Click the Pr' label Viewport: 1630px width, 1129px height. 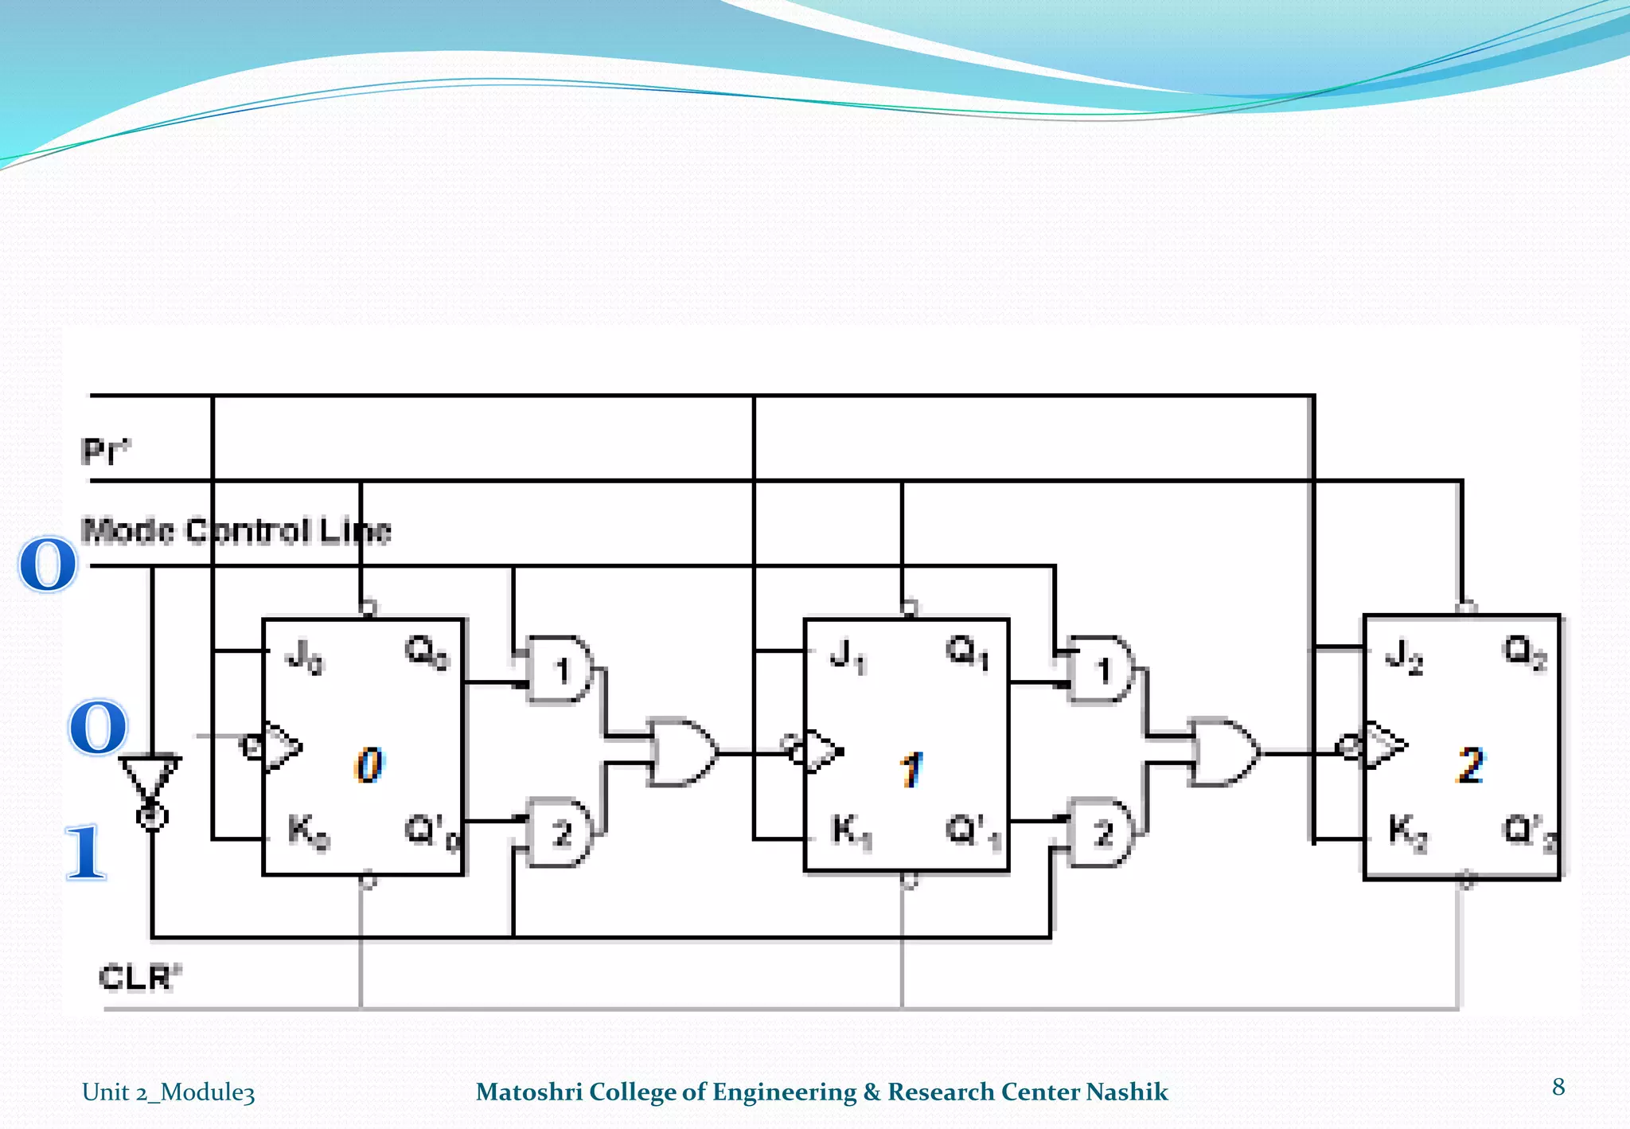coord(105,451)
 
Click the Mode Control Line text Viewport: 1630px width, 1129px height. coord(236,531)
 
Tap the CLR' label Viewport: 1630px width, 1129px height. coord(139,977)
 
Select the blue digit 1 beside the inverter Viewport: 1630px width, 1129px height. coord(86,852)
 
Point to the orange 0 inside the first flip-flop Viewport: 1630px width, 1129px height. coord(369,765)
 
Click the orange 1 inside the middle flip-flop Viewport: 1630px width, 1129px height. coord(911,769)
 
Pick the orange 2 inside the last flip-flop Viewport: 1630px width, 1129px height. coord(1470,765)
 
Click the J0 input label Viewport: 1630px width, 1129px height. coord(304,658)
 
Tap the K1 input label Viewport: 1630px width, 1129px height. coord(852,832)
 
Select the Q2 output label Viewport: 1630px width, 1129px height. coord(1524,653)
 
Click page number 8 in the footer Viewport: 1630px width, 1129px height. coord(1558,1087)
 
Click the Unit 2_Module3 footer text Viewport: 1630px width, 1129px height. coord(168,1092)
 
